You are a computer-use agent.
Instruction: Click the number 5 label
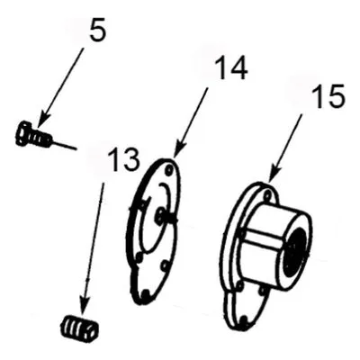[97, 30]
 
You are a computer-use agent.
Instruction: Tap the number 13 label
[123, 159]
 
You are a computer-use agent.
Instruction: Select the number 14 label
[230, 67]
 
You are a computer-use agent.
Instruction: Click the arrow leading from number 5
[60, 87]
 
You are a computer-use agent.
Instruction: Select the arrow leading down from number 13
[91, 247]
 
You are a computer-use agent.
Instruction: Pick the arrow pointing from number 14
[190, 122]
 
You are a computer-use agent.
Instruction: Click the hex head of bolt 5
[22, 133]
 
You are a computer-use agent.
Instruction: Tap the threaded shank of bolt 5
[41, 139]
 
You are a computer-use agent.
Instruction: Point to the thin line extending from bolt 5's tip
[64, 145]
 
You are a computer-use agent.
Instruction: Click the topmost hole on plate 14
[170, 171]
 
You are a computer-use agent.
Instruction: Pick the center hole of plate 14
[160, 213]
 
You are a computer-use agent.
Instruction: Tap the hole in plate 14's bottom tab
[145, 294]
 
